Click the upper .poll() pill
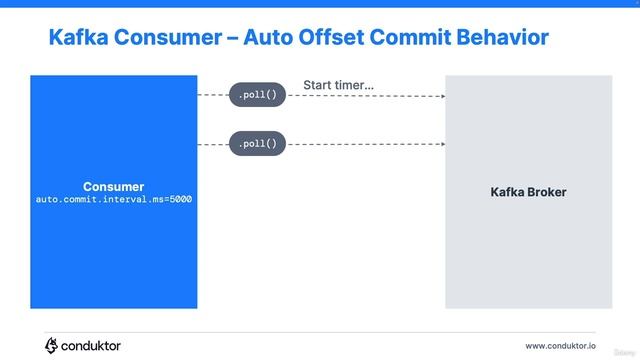[x=258, y=95]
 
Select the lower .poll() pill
[x=258, y=145]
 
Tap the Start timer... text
[x=338, y=86]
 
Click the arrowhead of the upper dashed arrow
[x=441, y=96]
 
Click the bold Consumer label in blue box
[x=113, y=186]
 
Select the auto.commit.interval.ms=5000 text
[x=113, y=199]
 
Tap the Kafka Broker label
[x=528, y=191]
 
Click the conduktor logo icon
[x=52, y=345]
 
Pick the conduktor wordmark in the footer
[x=92, y=345]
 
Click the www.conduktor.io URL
[x=560, y=346]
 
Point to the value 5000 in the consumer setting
[x=179, y=199]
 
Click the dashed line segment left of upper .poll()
[x=213, y=96]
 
